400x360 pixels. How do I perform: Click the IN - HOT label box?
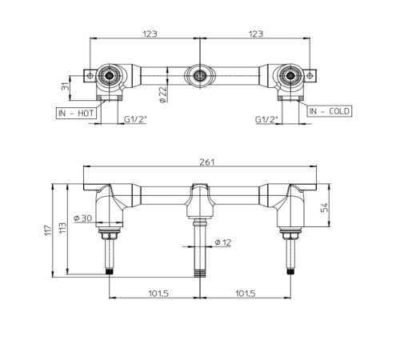pos(76,114)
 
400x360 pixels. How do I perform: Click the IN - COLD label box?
pos(328,110)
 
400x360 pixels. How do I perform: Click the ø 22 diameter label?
pos(163,94)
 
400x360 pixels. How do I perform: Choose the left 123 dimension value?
pos(150,34)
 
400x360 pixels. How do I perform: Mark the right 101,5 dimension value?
pos(246,294)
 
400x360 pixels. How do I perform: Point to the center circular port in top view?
pos(199,77)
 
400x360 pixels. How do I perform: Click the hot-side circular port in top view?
pos(109,77)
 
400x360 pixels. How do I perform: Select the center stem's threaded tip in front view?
pos(199,272)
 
